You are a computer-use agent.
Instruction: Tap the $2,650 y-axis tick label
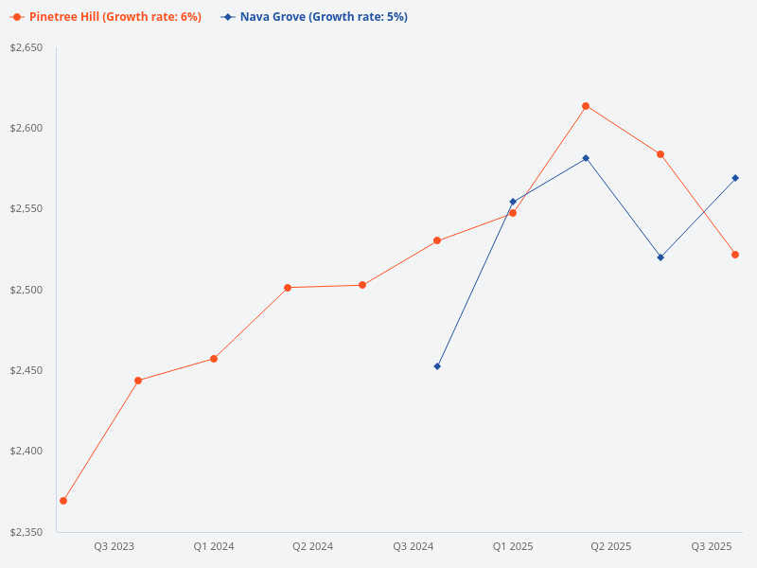pyautogui.click(x=26, y=47)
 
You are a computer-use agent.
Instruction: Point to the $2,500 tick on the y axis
pyautogui.click(x=26, y=290)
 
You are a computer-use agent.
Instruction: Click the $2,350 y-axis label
pyautogui.click(x=26, y=532)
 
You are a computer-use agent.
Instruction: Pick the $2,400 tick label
pyautogui.click(x=26, y=452)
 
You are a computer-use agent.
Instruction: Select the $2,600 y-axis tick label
pyautogui.click(x=26, y=128)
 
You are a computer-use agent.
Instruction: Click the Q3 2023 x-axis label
pyautogui.click(x=114, y=546)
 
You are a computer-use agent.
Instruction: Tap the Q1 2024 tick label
pyautogui.click(x=214, y=546)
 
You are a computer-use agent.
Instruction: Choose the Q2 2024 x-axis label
pyautogui.click(x=312, y=546)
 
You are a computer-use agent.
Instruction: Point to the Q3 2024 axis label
pyautogui.click(x=413, y=546)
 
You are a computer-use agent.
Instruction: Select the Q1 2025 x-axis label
pyautogui.click(x=513, y=546)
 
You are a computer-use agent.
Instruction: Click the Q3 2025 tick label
pyautogui.click(x=712, y=546)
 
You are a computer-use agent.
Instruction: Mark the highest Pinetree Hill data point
pyautogui.click(x=586, y=106)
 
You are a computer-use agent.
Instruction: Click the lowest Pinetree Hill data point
pyautogui.click(x=63, y=501)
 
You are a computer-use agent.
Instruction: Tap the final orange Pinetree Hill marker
pyautogui.click(x=735, y=255)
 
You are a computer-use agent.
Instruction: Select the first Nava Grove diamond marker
pyautogui.click(x=437, y=366)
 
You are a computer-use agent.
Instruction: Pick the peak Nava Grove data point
pyautogui.click(x=586, y=158)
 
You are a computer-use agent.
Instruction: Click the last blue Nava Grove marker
pyautogui.click(x=735, y=178)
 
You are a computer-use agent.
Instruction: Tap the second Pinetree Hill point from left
pyautogui.click(x=138, y=381)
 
